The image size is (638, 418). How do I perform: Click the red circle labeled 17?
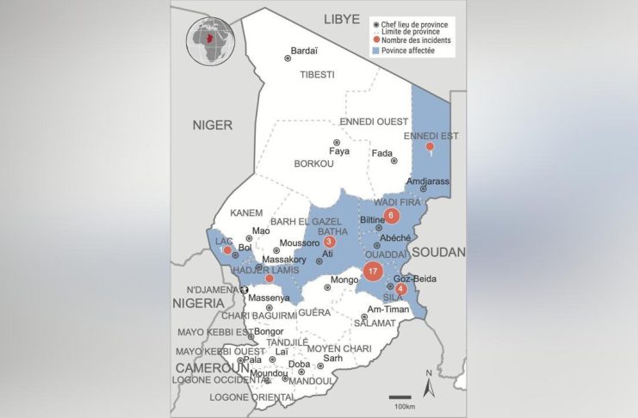pyautogui.click(x=372, y=272)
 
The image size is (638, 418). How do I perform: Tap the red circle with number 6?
pyautogui.click(x=392, y=215)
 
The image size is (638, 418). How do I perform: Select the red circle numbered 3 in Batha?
pyautogui.click(x=329, y=243)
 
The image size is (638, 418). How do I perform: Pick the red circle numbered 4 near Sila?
pyautogui.click(x=401, y=288)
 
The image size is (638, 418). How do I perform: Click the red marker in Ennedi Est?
pyautogui.click(x=429, y=148)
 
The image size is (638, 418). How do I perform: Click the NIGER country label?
pyautogui.click(x=213, y=125)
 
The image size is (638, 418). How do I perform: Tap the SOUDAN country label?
pyautogui.click(x=438, y=252)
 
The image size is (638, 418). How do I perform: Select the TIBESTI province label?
pyautogui.click(x=317, y=75)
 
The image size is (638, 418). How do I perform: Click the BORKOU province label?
pyautogui.click(x=313, y=163)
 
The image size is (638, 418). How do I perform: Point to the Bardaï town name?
pyautogui.click(x=305, y=50)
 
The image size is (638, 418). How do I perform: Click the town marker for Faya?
pyautogui.click(x=337, y=143)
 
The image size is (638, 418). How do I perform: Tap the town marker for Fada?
pyautogui.click(x=393, y=161)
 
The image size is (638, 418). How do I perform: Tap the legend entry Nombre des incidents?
pyautogui.click(x=417, y=40)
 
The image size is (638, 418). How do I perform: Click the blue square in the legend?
pyautogui.click(x=375, y=51)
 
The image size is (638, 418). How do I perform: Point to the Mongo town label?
pyautogui.click(x=344, y=280)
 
